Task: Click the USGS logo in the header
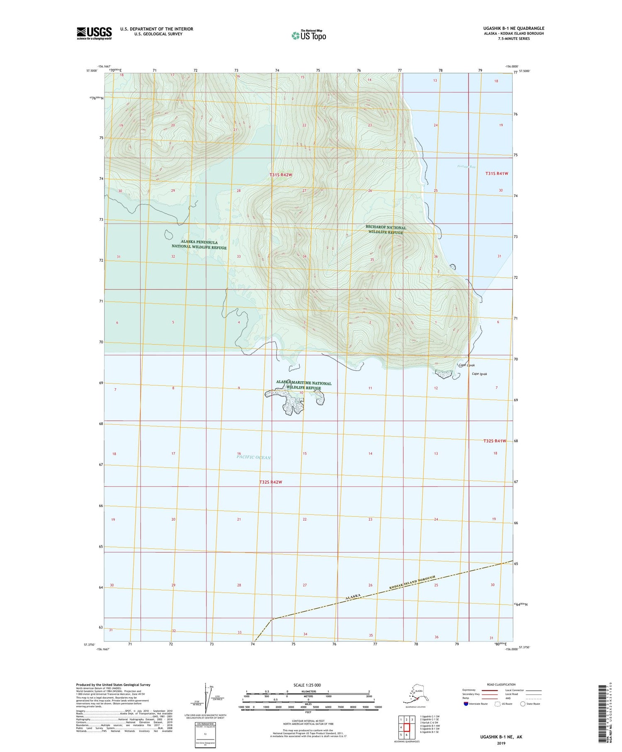point(94,33)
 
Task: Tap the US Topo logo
point(309,36)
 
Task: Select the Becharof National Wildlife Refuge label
point(386,230)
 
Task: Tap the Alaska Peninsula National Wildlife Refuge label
point(199,245)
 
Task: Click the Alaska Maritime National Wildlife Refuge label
point(304,385)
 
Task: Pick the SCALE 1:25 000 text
point(307,685)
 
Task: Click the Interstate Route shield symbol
point(466,703)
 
